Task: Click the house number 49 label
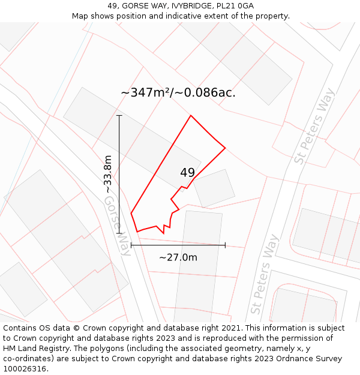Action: [x=187, y=173]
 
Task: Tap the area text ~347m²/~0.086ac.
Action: [x=178, y=93]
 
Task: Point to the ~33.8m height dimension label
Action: [x=108, y=174]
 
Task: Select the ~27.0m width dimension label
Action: [x=178, y=257]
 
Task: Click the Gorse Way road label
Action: [x=117, y=225]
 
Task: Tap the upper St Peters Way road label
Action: [x=314, y=126]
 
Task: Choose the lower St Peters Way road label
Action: [x=265, y=274]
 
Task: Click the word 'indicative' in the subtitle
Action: [x=190, y=16]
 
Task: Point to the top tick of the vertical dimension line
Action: [x=119, y=115]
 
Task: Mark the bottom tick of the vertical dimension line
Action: [x=119, y=233]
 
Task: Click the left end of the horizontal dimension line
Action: [x=131, y=245]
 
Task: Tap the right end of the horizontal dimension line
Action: [x=225, y=245]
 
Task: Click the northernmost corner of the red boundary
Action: [x=191, y=115]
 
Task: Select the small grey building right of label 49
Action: [x=214, y=188]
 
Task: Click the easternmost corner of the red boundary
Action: [x=225, y=148]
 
